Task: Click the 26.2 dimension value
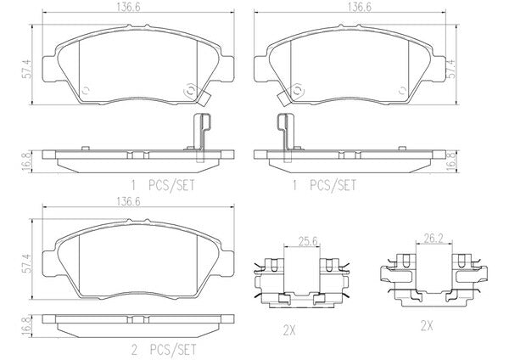[x=433, y=239]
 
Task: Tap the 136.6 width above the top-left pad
[x=129, y=7]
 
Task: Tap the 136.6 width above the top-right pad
[x=360, y=7]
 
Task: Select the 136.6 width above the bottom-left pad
[x=128, y=201]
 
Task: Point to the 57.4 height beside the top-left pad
[x=28, y=69]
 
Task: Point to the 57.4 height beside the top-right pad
[x=452, y=69]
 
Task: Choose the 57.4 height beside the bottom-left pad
[x=28, y=263]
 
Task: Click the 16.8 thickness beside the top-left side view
[x=28, y=160]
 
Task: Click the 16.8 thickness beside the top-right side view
[x=451, y=160]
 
